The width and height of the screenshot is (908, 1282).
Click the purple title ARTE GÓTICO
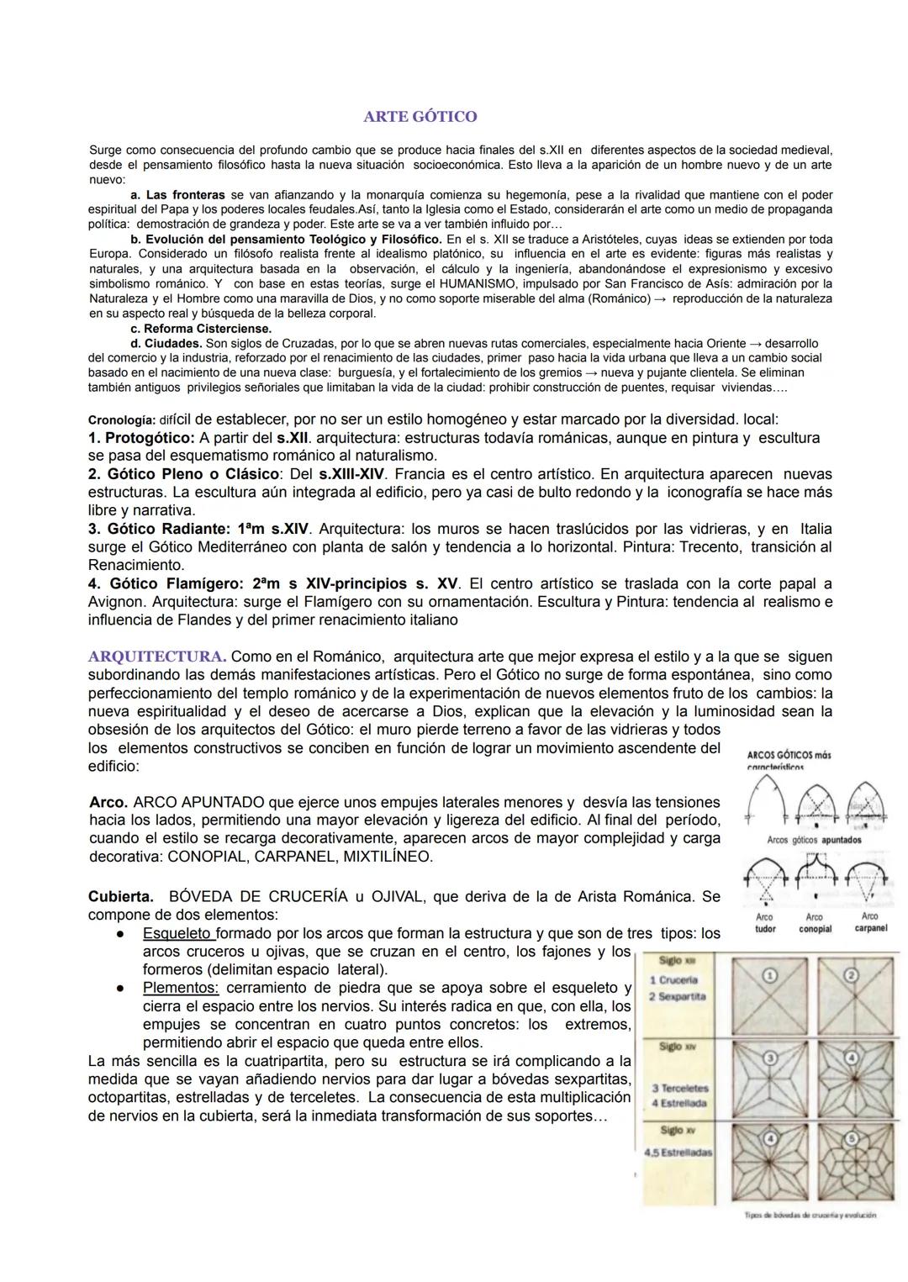point(420,116)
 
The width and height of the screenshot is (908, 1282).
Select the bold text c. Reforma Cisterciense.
point(200,329)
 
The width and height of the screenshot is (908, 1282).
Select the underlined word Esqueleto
point(178,934)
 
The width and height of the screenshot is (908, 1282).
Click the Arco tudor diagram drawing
point(765,883)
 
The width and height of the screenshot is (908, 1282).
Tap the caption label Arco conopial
point(814,923)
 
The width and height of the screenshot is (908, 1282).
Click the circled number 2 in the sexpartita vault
point(851,975)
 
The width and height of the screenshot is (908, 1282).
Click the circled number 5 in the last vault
point(851,1138)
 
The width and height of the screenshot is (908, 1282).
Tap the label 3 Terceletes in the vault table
point(679,1088)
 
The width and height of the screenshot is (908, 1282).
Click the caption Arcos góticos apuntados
point(814,840)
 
